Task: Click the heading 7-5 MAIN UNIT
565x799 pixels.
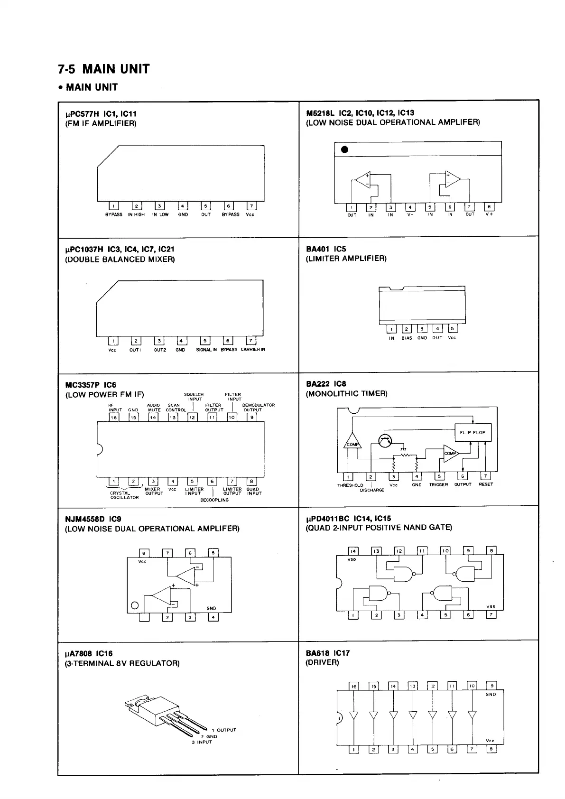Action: [103, 69]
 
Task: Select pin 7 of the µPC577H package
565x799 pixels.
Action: [251, 206]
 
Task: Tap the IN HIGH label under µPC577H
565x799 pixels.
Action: [136, 214]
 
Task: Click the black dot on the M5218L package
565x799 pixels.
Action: [345, 150]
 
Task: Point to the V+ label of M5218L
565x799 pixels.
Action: [489, 214]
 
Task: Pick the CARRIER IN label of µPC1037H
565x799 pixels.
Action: [253, 350]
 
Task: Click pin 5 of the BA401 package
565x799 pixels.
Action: [453, 329]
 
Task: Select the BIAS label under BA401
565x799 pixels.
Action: [407, 338]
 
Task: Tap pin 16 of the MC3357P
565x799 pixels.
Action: [114, 418]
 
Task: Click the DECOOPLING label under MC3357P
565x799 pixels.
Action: [214, 500]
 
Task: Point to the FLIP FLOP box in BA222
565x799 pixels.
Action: [472, 432]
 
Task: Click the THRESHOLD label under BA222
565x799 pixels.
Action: [350, 485]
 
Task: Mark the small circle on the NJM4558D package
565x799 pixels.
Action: [134, 605]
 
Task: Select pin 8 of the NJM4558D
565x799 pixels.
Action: [144, 553]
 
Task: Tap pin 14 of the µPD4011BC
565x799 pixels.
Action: [353, 551]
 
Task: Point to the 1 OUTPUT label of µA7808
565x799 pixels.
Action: [223, 730]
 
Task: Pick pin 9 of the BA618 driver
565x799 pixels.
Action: [492, 686]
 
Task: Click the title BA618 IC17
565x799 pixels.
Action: [328, 653]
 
